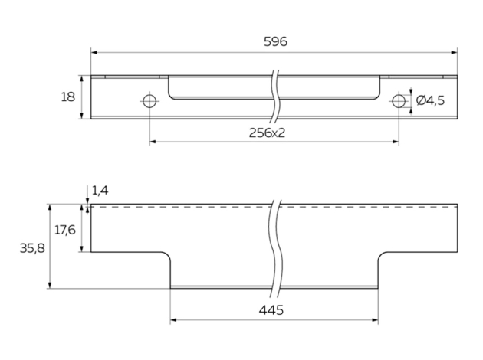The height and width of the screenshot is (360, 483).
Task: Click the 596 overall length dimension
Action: [276, 41]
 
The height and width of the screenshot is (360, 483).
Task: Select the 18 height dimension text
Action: [67, 97]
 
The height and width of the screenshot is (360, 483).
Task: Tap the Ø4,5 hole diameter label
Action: [430, 100]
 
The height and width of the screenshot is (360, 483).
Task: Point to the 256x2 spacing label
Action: [267, 133]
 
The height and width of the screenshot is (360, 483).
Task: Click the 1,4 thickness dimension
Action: [100, 191]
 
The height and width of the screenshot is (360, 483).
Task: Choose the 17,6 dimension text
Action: [65, 230]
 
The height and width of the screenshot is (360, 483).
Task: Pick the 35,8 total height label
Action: [32, 248]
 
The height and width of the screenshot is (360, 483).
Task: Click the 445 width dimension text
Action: [271, 310]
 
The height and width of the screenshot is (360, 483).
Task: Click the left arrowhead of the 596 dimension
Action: [94, 53]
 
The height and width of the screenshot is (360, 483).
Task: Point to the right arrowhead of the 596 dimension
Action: [454, 53]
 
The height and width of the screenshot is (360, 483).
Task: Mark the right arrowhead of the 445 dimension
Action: [375, 320]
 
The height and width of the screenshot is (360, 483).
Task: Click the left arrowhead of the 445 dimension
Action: [173, 320]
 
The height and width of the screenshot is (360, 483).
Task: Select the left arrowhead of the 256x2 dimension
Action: [153, 142]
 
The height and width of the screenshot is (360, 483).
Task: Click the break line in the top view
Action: [275, 97]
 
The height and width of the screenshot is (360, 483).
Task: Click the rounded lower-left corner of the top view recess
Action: [170, 97]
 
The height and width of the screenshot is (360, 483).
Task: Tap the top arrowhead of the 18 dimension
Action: [81, 79]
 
